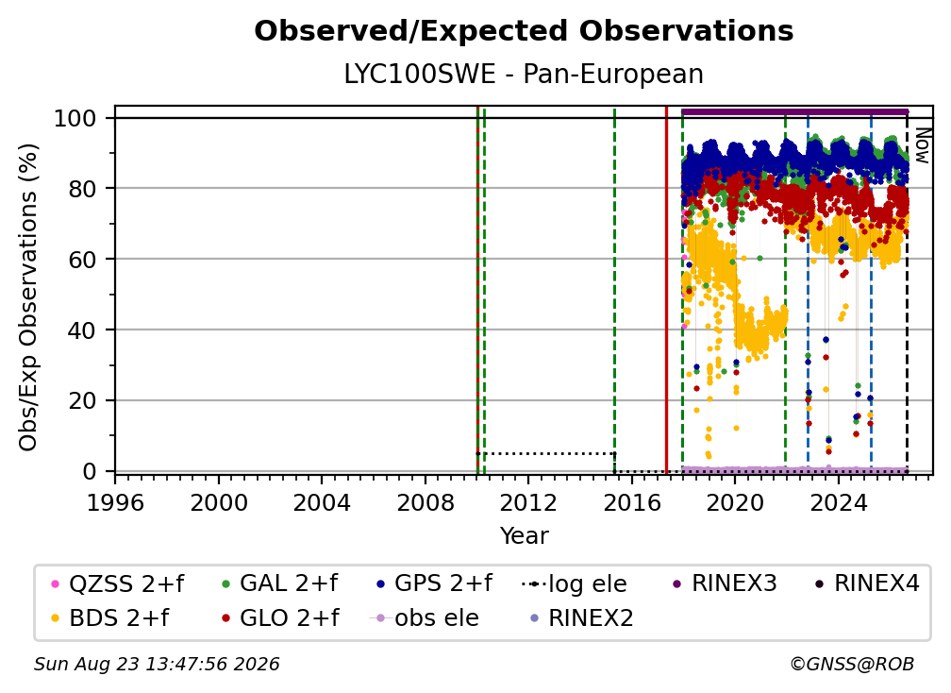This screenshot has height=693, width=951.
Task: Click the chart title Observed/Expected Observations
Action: click(524, 31)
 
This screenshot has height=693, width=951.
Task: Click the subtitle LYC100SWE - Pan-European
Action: click(524, 74)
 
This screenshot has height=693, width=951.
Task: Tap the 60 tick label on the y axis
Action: click(82, 260)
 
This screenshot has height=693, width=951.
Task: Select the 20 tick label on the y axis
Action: click(82, 401)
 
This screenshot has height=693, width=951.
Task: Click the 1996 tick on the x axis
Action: click(115, 503)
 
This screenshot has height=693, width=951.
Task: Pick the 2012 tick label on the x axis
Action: click(528, 503)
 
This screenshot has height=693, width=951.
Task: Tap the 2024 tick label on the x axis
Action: click(838, 503)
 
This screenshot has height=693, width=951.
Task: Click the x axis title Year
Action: click(524, 536)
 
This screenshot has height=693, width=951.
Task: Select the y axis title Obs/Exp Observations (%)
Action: click(28, 297)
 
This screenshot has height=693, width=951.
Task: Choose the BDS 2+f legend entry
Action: click(111, 618)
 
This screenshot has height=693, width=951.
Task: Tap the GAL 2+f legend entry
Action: click(281, 583)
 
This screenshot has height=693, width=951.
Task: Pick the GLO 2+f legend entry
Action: click(281, 618)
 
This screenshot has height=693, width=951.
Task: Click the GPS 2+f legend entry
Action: click(435, 583)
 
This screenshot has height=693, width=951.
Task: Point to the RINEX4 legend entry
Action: click(868, 583)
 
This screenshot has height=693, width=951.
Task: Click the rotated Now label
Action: click(922, 145)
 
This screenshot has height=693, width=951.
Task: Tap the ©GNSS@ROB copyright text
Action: click(852, 665)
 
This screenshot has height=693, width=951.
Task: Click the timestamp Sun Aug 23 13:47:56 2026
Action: click(157, 665)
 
